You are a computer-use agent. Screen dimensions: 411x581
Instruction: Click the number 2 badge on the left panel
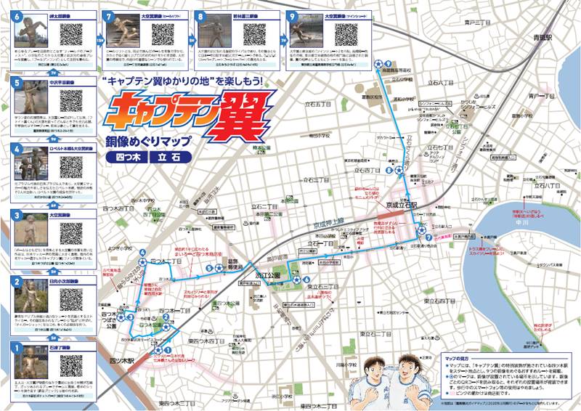tap(15, 282)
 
